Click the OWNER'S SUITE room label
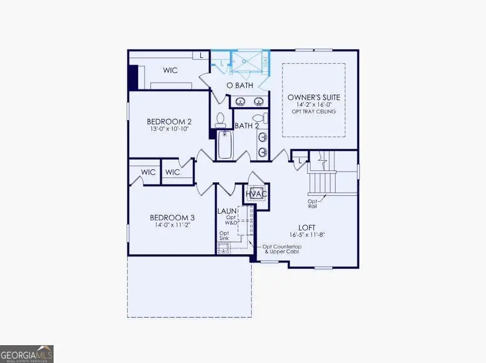tap(314, 97)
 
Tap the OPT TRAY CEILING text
tap(314, 111)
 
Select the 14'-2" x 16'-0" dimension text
tap(314, 105)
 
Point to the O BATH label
tap(240, 85)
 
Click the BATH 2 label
tap(247, 126)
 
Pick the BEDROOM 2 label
tap(169, 122)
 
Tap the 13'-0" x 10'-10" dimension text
tap(169, 129)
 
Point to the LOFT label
tap(306, 227)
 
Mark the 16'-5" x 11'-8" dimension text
tap(306, 235)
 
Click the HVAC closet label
tap(257, 194)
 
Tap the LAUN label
tap(226, 210)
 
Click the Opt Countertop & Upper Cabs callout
tap(283, 249)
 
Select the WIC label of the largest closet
tap(170, 70)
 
